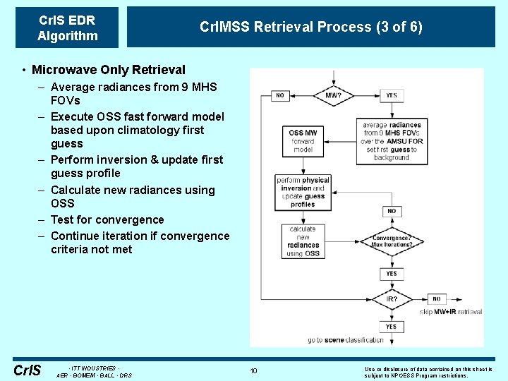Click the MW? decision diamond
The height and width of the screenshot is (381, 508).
pyautogui.click(x=334, y=95)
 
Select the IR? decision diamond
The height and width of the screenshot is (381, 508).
pyautogui.click(x=392, y=299)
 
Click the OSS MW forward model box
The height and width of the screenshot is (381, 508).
pyautogui.click(x=303, y=140)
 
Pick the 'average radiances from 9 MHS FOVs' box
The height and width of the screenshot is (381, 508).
pyautogui.click(x=392, y=141)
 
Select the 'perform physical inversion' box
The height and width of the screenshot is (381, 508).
pyautogui.click(x=303, y=191)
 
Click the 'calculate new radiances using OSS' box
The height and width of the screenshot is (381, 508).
pyautogui.click(x=303, y=241)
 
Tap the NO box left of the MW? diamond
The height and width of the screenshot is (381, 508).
pyautogui.click(x=280, y=95)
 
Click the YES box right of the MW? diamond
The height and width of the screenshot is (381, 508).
pyautogui.click(x=392, y=95)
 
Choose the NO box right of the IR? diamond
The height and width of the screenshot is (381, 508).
pyautogui.click(x=437, y=299)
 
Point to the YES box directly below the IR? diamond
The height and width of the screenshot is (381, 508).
pyautogui.click(x=392, y=327)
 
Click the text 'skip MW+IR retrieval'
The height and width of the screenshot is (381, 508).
pyautogui.click(x=451, y=311)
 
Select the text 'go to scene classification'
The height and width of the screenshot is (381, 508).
pyautogui.click(x=346, y=340)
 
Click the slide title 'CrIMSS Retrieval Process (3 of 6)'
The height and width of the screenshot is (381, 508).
pyautogui.click(x=311, y=27)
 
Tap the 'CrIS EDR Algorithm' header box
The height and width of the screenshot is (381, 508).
pyautogui.click(x=67, y=28)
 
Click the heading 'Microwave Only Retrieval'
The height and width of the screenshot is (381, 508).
pyautogui.click(x=108, y=70)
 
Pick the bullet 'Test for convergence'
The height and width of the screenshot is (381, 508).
pyautogui.click(x=107, y=219)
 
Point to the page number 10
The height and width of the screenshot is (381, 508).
pyautogui.click(x=253, y=370)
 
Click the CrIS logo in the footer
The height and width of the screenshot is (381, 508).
pyautogui.click(x=27, y=370)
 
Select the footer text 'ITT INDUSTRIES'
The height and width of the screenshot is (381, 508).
pyautogui.click(x=93, y=368)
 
